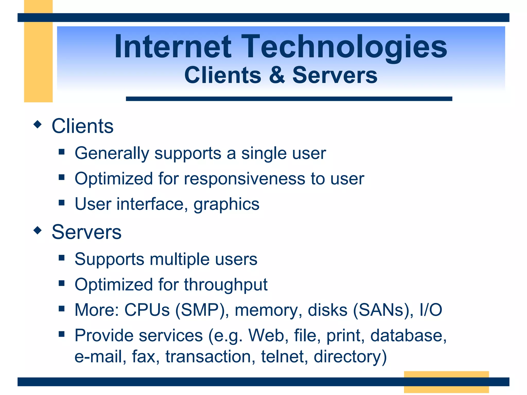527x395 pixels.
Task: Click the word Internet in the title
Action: (173, 47)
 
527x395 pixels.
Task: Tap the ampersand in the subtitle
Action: (277, 75)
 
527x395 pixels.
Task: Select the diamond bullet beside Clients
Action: (38, 124)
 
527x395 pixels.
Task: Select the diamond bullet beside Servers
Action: (38, 230)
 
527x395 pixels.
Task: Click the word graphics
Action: (226, 204)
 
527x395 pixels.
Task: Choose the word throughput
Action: (226, 285)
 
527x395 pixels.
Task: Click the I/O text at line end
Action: (431, 310)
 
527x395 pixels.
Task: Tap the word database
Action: (408, 336)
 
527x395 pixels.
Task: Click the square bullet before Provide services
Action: (62, 334)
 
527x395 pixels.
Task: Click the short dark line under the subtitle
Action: (289, 99)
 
